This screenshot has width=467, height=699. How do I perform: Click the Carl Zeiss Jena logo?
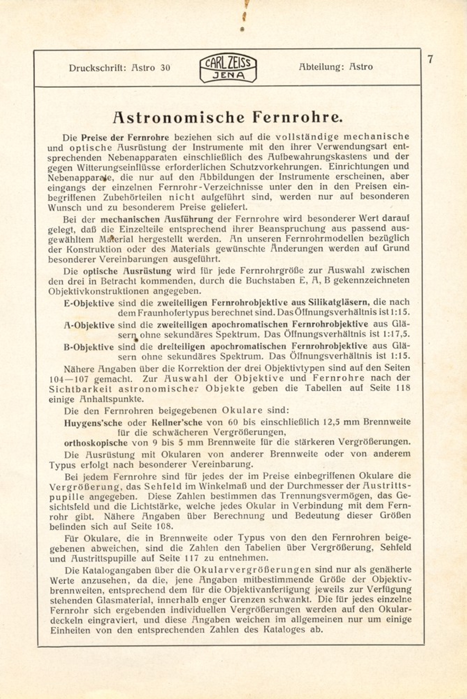[x=228, y=68]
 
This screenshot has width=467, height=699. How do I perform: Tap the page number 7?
[x=430, y=59]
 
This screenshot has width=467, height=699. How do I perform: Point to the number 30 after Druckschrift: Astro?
[x=165, y=68]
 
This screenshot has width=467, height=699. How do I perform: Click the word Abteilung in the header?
[x=319, y=67]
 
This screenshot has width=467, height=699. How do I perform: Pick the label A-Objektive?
[x=89, y=325]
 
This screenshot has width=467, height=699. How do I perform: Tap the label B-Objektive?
[x=89, y=347]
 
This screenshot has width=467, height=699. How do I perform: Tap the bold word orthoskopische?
[x=95, y=443]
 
